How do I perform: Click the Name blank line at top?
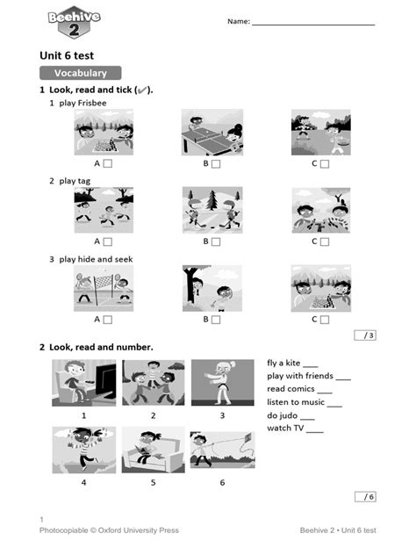(312, 24)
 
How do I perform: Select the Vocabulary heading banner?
(80, 74)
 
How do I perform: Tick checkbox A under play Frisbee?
(107, 163)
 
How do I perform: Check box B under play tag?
(216, 241)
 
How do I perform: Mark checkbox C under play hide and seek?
(325, 320)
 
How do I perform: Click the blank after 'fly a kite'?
(311, 364)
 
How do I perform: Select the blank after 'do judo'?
(307, 415)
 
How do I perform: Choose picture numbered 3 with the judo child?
(222, 382)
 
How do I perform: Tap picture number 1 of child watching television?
(83, 382)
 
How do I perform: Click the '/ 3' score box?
(363, 335)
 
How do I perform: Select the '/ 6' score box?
(363, 496)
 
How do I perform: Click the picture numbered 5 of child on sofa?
(153, 450)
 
